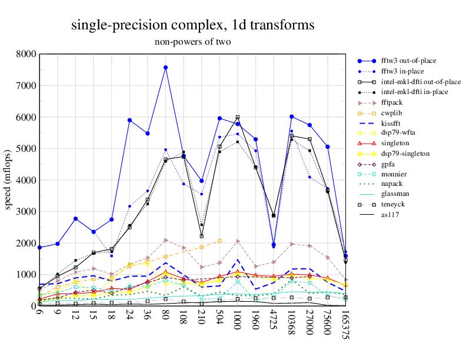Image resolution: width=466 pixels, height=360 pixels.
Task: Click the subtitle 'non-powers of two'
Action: tap(192, 42)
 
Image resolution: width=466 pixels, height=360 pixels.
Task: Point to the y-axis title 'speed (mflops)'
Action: tap(8, 180)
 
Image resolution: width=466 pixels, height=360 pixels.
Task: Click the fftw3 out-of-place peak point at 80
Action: tap(166, 68)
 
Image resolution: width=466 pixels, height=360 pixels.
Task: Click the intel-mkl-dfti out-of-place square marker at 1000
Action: tap(238, 118)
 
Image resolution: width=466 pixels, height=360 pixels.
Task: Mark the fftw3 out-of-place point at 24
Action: tap(129, 120)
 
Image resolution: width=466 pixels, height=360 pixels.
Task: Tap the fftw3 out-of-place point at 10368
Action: tap(291, 116)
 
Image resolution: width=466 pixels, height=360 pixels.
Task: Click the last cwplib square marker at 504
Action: tap(219, 241)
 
